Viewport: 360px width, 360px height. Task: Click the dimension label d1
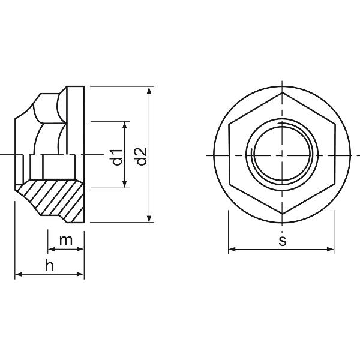(117, 157)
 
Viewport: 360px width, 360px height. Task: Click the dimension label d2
(142, 157)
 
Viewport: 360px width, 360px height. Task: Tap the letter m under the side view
(66, 241)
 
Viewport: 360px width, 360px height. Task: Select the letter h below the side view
(50, 265)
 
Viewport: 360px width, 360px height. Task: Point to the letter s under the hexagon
(283, 241)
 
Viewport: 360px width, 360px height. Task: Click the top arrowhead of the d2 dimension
(149, 91)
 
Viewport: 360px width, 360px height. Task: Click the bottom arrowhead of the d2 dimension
(149, 218)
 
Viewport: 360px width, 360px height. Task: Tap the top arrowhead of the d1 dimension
(125, 125)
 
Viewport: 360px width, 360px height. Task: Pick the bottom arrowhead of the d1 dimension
(125, 184)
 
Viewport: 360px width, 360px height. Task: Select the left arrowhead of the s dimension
(232, 249)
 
